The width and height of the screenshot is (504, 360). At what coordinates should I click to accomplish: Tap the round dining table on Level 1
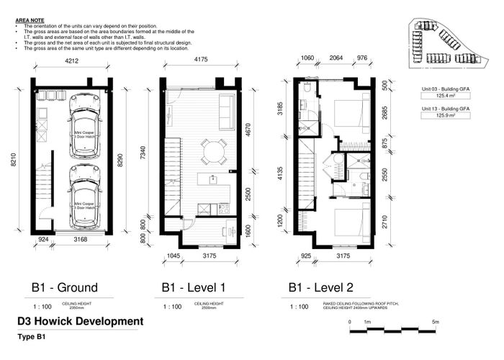(212, 150)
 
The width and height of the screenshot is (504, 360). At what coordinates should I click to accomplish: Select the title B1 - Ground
(65, 287)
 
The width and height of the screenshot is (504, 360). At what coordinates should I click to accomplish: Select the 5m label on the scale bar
(436, 322)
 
